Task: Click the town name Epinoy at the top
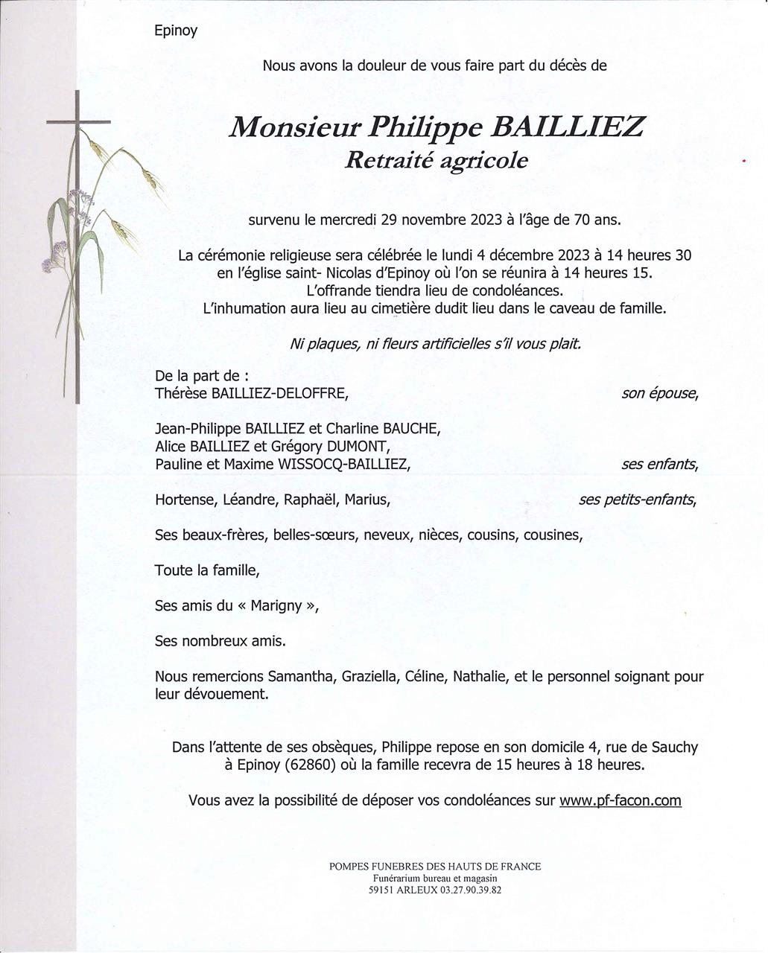click(x=176, y=31)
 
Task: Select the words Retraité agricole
click(x=437, y=160)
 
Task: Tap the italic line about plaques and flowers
click(x=435, y=344)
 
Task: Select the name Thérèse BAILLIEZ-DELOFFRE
click(x=251, y=393)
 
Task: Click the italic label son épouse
click(x=659, y=393)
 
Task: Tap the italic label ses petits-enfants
click(x=637, y=500)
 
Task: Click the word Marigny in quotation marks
click(x=276, y=606)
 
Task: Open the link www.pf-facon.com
click(x=620, y=800)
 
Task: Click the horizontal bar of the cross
click(x=78, y=121)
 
